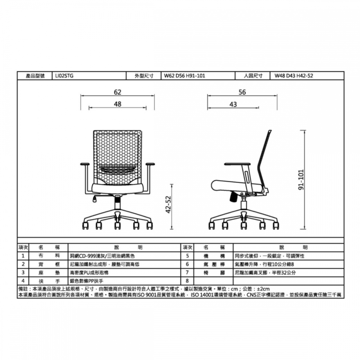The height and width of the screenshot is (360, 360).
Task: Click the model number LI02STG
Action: [64, 76]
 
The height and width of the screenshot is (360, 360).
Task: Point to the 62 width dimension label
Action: [118, 92]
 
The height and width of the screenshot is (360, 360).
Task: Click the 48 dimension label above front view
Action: [118, 104]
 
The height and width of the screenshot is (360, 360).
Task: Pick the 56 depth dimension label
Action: [242, 92]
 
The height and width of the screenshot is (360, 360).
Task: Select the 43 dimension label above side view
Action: [233, 104]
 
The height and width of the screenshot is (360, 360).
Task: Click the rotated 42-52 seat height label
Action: [168, 204]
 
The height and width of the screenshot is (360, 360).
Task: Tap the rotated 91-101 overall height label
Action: [301, 180]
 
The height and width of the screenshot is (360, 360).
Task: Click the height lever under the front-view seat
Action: [95, 199]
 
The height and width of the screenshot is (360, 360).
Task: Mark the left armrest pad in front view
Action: [85, 164]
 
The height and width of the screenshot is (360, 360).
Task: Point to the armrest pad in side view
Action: [237, 164]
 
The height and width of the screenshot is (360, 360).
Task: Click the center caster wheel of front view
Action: [118, 226]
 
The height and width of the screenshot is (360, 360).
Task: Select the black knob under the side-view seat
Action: [234, 197]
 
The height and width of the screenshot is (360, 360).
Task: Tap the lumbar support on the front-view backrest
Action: [117, 170]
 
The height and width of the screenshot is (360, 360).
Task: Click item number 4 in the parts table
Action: [23, 281]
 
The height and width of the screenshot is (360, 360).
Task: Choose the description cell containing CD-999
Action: [124, 256]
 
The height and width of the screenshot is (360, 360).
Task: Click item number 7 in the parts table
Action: [187, 273]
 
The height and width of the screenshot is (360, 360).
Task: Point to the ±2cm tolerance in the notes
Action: [263, 289]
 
